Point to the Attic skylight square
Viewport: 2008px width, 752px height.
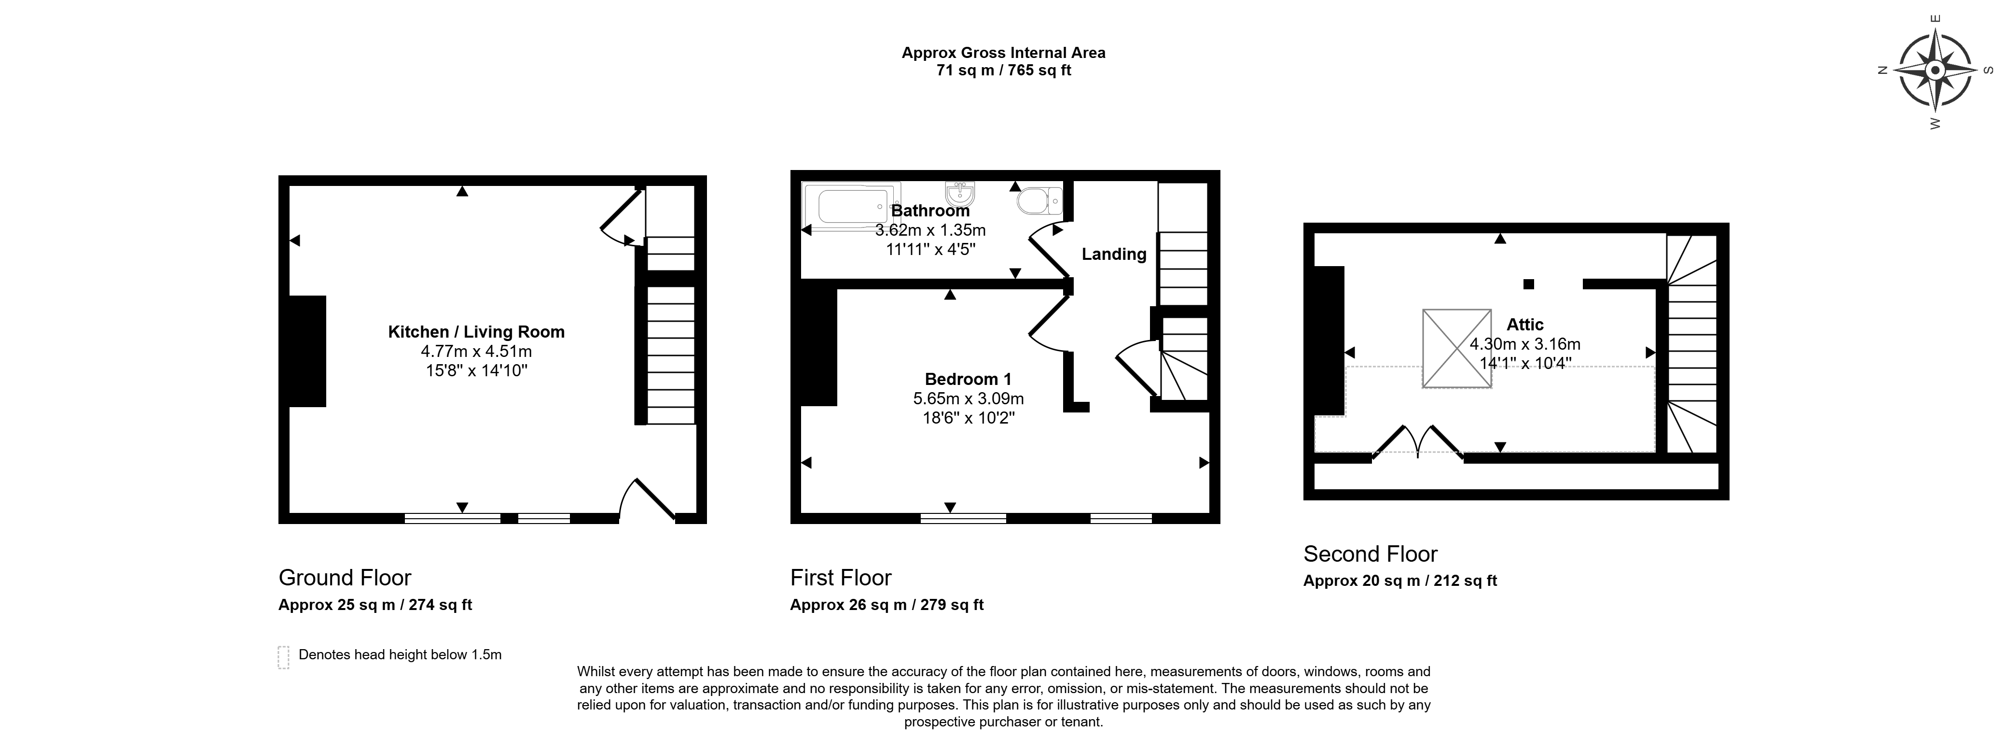tap(1457, 348)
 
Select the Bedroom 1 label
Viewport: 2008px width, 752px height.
tap(968, 379)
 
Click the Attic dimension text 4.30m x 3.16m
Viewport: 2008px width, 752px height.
tap(1525, 344)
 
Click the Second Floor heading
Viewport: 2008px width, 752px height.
tap(1371, 554)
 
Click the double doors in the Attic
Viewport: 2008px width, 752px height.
tap(1417, 441)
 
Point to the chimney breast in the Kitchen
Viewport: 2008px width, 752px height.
tap(307, 351)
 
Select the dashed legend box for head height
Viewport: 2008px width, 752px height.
tap(283, 657)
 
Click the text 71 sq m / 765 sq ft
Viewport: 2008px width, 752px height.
tap(1003, 70)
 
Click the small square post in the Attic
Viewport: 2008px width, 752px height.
tap(1529, 284)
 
